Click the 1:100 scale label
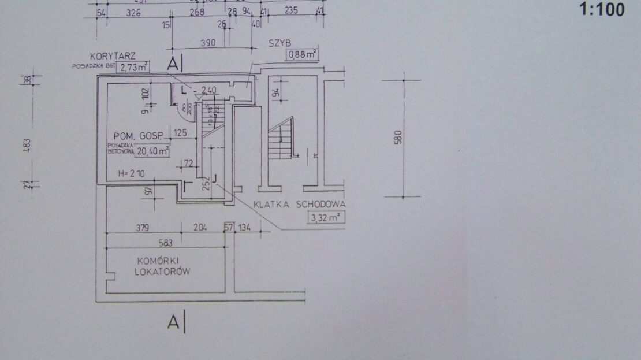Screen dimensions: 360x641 (601, 10)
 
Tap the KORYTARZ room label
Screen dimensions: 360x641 (113, 57)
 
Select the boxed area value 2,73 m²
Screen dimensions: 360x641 (133, 68)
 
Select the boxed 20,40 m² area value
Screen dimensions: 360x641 (152, 151)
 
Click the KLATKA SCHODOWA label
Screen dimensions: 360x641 (300, 205)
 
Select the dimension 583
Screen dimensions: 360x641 (165, 243)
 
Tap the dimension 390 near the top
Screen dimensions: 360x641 (207, 43)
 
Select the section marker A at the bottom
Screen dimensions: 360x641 (173, 322)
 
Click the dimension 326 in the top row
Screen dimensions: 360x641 (134, 12)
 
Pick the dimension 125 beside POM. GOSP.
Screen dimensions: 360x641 (181, 133)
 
